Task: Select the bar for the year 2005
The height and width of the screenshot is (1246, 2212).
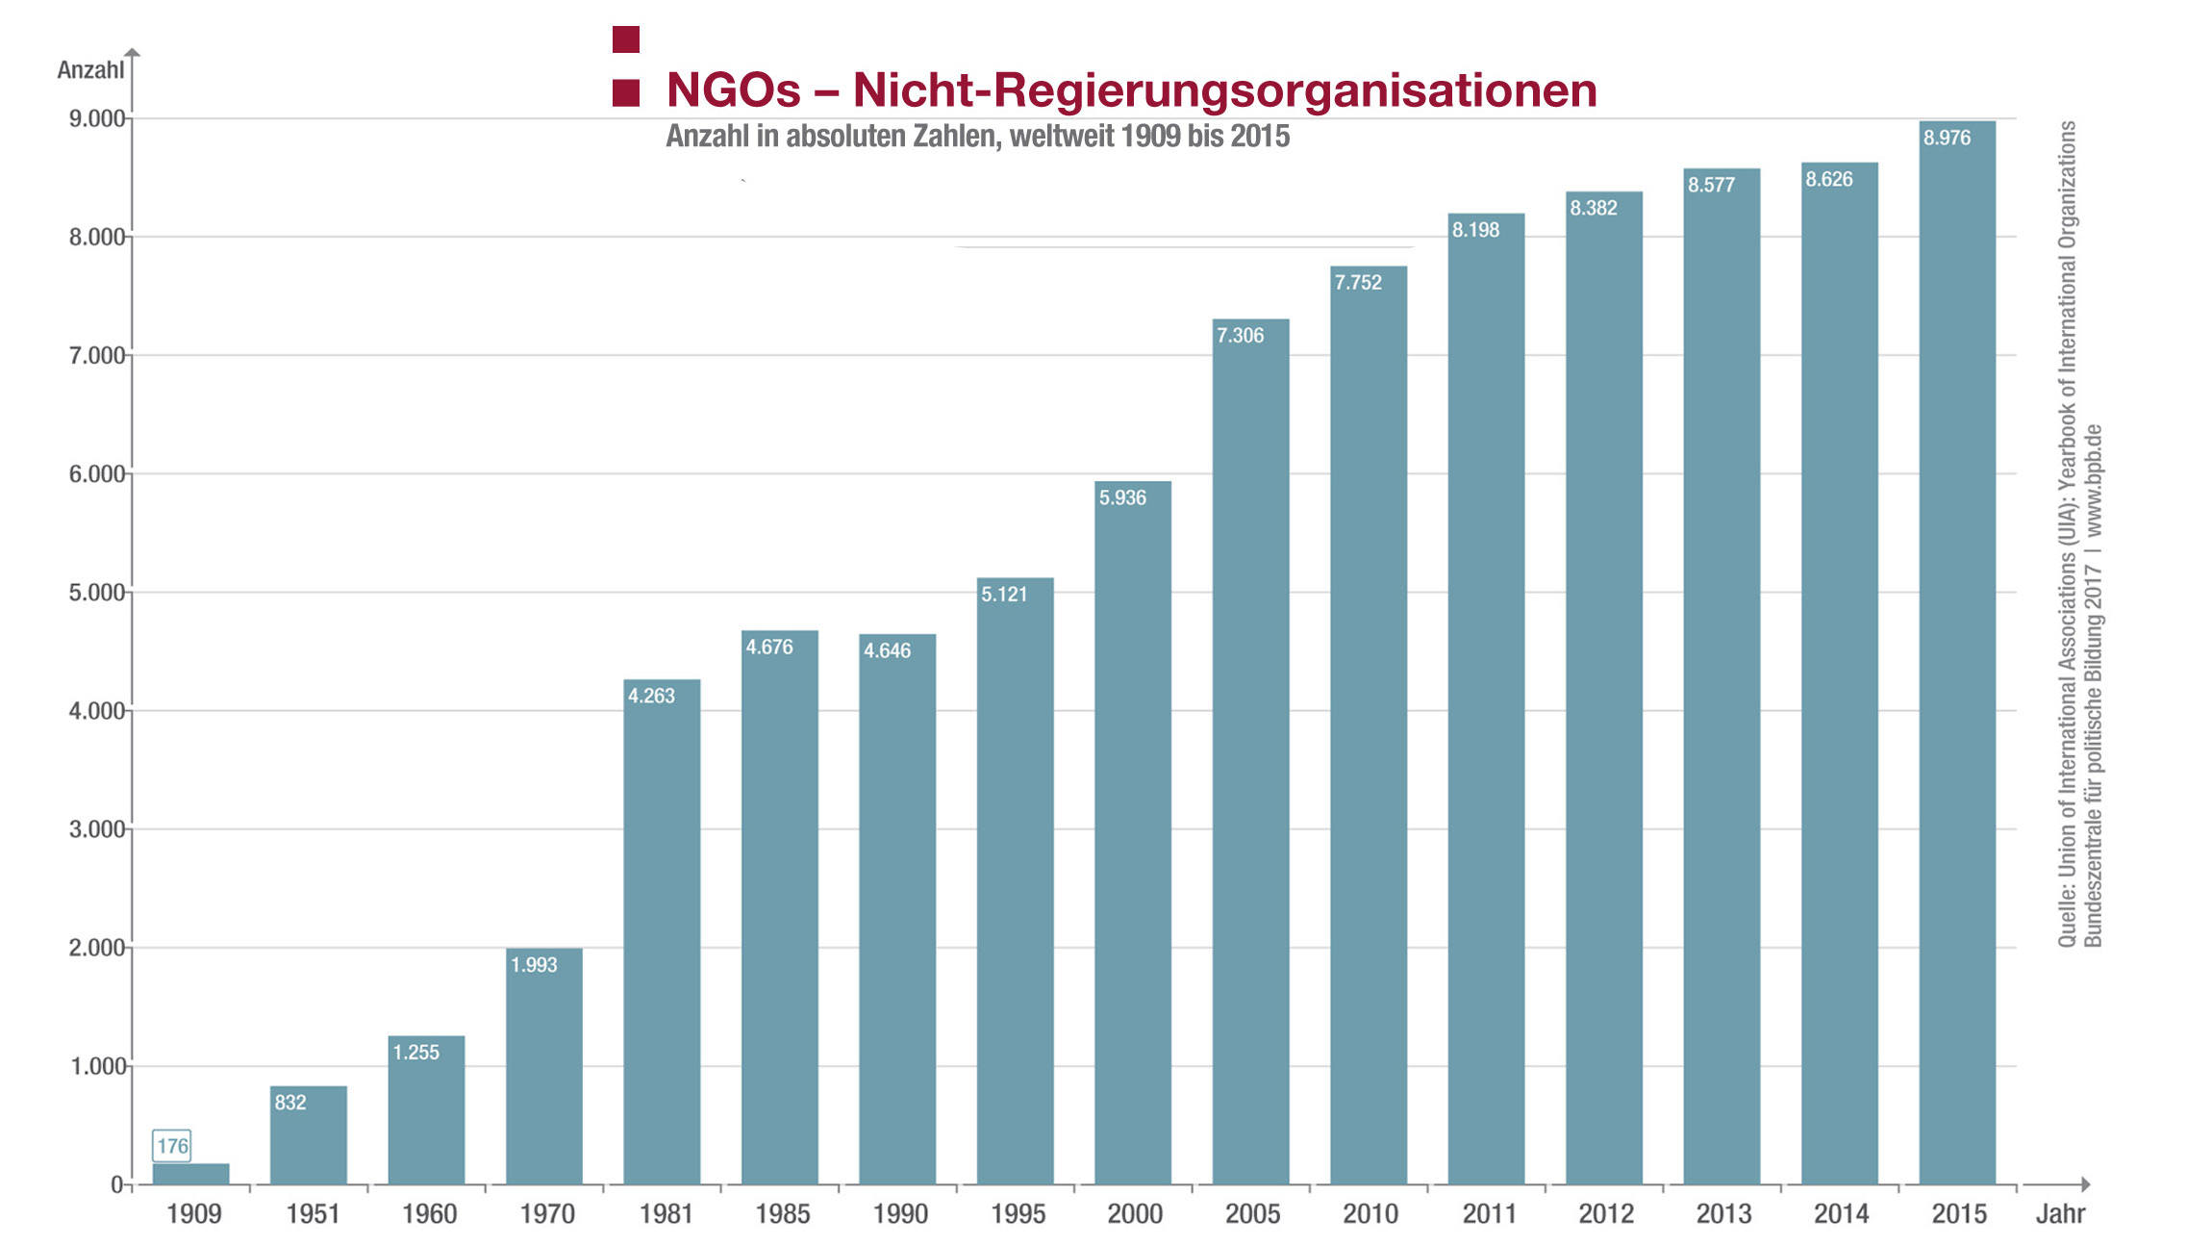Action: [1250, 750]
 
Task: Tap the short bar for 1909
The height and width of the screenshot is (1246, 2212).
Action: [190, 1174]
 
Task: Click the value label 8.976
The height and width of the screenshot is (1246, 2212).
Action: [1947, 138]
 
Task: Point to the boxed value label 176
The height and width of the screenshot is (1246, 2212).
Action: [172, 1145]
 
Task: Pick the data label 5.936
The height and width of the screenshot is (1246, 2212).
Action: [1122, 497]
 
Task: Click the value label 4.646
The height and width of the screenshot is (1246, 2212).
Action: [887, 650]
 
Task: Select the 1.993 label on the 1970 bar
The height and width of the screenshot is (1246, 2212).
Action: [534, 964]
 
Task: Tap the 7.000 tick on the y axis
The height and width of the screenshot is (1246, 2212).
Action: [97, 356]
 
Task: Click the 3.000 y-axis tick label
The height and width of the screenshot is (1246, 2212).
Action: [97, 829]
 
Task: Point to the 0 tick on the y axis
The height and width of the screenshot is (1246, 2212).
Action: [116, 1184]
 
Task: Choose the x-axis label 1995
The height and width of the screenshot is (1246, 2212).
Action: [1018, 1214]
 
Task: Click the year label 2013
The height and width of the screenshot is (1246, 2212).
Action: [1723, 1214]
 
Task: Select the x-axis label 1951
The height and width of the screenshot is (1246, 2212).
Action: [313, 1214]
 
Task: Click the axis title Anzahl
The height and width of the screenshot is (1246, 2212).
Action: [90, 70]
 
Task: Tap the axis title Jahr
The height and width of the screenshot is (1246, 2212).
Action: [2060, 1214]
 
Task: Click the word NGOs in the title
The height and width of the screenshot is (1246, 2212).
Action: [733, 90]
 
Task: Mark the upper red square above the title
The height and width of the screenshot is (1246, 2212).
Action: [626, 39]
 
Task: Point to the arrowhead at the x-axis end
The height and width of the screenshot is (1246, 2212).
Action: [2085, 1184]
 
